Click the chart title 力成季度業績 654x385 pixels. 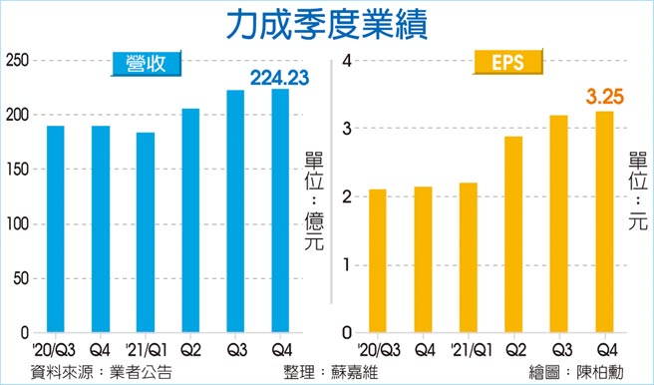coord(326,24)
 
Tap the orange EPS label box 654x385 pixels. coord(508,66)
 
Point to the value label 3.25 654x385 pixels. coord(604,97)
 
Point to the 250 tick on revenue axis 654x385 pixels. coord(16,61)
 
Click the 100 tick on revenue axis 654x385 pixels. coord(16,223)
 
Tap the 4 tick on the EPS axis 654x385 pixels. coord(349,61)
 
